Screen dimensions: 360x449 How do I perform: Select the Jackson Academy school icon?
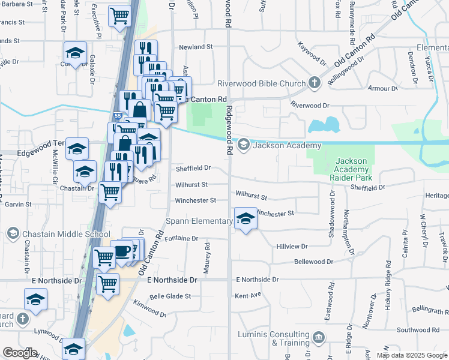click(x=244, y=145)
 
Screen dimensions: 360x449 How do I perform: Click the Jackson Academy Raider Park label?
click(x=354, y=169)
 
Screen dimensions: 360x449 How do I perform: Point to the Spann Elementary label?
click(x=199, y=221)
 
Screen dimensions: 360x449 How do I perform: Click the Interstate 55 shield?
click(x=118, y=115)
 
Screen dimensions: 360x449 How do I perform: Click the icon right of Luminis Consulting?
click(x=319, y=338)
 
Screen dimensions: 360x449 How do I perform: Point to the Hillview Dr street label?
click(x=291, y=246)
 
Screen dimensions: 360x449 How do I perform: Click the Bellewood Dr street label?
click(x=313, y=262)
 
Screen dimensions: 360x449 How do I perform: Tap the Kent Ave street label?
click(x=248, y=296)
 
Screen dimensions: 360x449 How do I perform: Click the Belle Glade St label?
click(x=170, y=296)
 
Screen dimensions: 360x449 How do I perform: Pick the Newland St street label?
click(x=196, y=47)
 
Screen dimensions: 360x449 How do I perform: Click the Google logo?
click(x=20, y=353)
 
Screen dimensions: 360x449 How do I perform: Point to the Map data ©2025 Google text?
click(x=411, y=355)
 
